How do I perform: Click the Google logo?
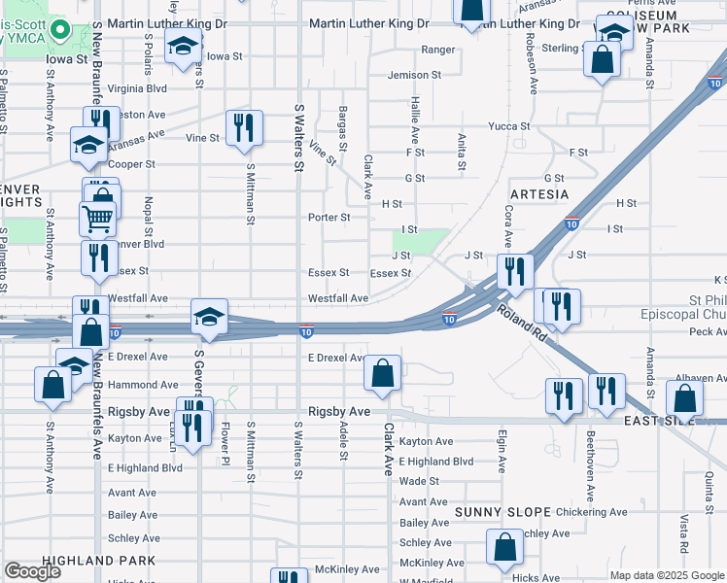click(32, 571)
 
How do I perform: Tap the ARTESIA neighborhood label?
click(537, 194)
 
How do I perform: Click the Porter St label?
click(329, 218)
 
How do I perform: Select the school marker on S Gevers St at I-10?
click(209, 318)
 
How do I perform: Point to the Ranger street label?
click(438, 50)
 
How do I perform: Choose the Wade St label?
click(419, 481)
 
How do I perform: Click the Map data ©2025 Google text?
click(667, 575)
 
